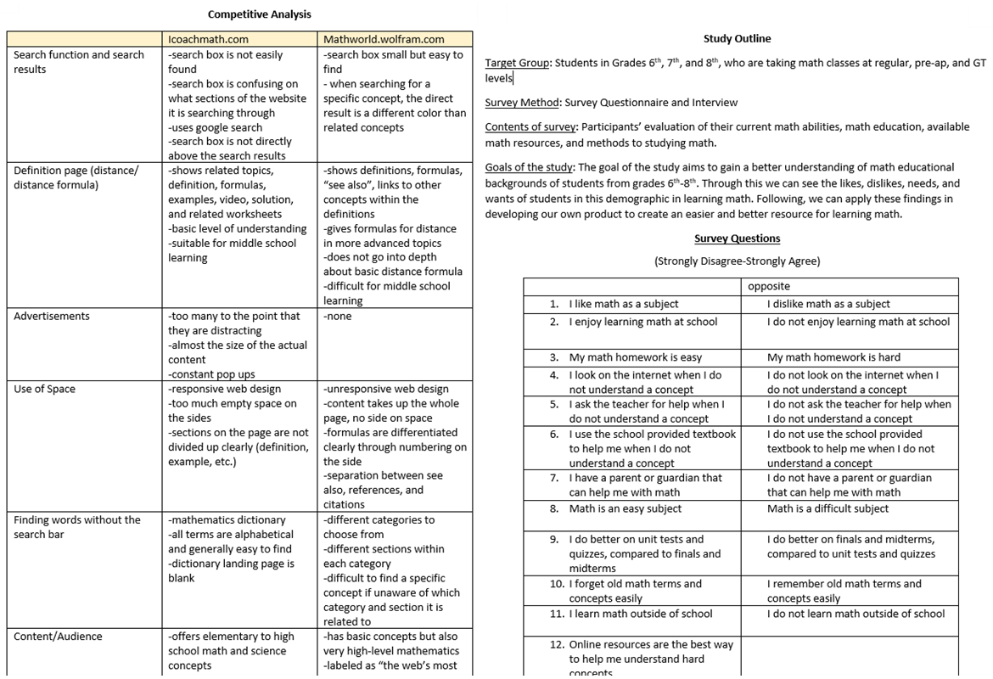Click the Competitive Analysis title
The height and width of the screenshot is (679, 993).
pyautogui.click(x=260, y=14)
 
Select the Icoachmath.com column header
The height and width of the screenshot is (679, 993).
pyautogui.click(x=209, y=39)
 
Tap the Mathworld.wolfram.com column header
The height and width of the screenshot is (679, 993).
pyautogui.click(x=384, y=39)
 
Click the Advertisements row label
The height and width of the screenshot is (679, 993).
pyautogui.click(x=52, y=317)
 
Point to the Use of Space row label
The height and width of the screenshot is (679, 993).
pyautogui.click(x=44, y=390)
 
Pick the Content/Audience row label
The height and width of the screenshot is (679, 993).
pyautogui.click(x=58, y=637)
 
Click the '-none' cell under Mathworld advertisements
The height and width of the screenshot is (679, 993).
pyautogui.click(x=338, y=317)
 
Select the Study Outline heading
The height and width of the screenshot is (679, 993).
pyautogui.click(x=737, y=39)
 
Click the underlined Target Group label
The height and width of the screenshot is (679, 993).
pyautogui.click(x=518, y=64)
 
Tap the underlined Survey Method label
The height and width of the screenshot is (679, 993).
pyautogui.click(x=521, y=103)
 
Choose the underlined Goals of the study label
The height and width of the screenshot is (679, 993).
pyautogui.click(x=530, y=167)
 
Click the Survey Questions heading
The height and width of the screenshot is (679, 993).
pyautogui.click(x=737, y=239)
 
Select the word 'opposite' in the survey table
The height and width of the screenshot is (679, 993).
pyautogui.click(x=769, y=287)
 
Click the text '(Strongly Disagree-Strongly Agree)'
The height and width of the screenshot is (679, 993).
pyautogui.click(x=737, y=261)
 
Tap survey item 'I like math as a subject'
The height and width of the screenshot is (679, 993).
pyautogui.click(x=624, y=304)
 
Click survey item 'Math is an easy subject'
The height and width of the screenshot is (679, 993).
pyautogui.click(x=626, y=509)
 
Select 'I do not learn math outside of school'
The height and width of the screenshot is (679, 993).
pyautogui.click(x=856, y=614)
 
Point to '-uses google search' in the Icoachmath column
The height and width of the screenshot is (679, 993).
pyautogui.click(x=216, y=127)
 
